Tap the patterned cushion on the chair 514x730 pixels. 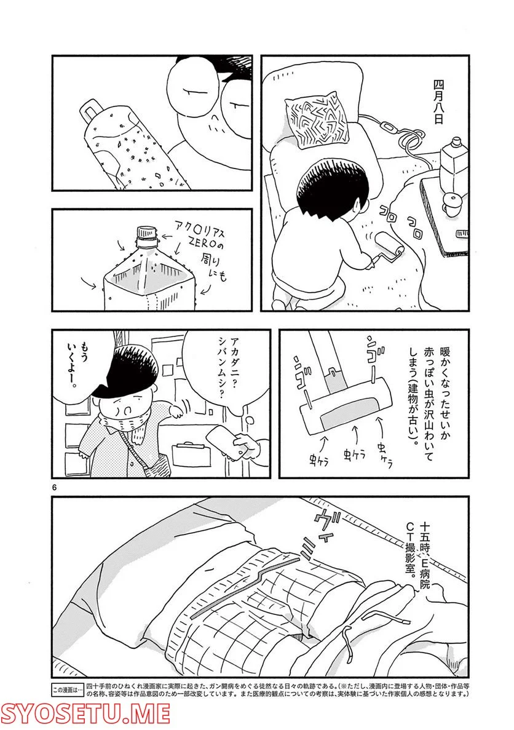pyautogui.click(x=317, y=124)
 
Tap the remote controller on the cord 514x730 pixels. pyautogui.click(x=388, y=128)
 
